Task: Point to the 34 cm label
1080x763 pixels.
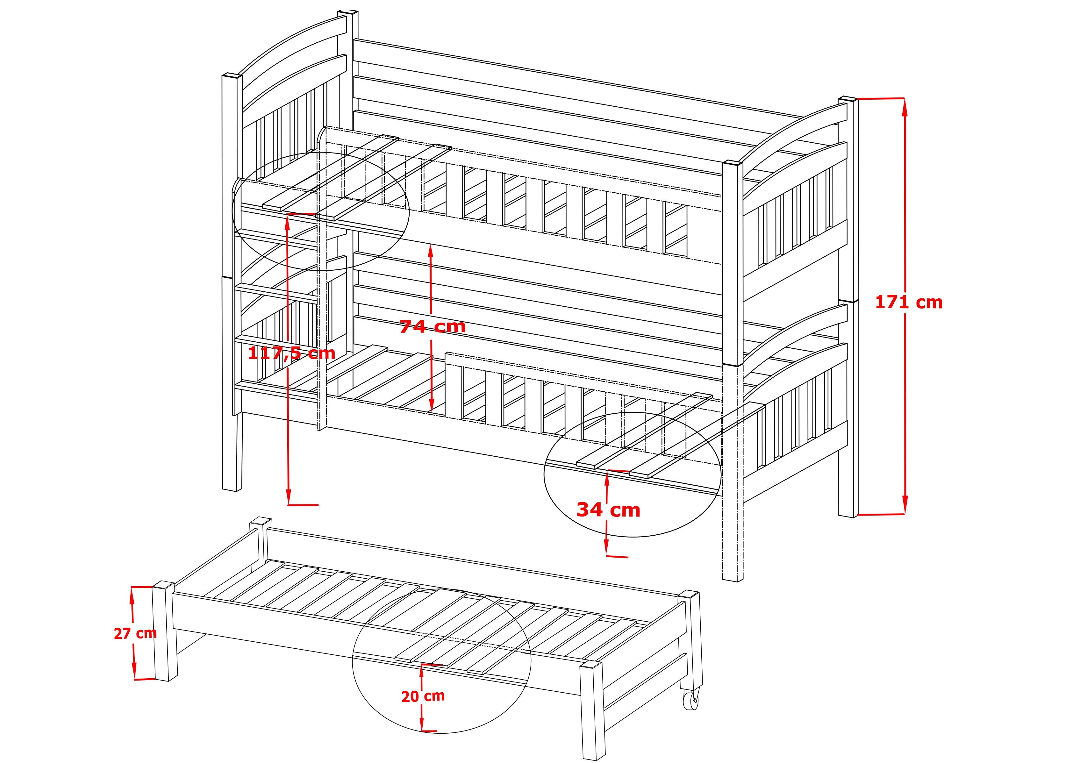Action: click(x=608, y=510)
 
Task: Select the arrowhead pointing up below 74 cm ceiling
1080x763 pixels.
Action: click(x=430, y=252)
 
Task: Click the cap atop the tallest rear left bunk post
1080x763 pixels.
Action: click(x=347, y=12)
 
